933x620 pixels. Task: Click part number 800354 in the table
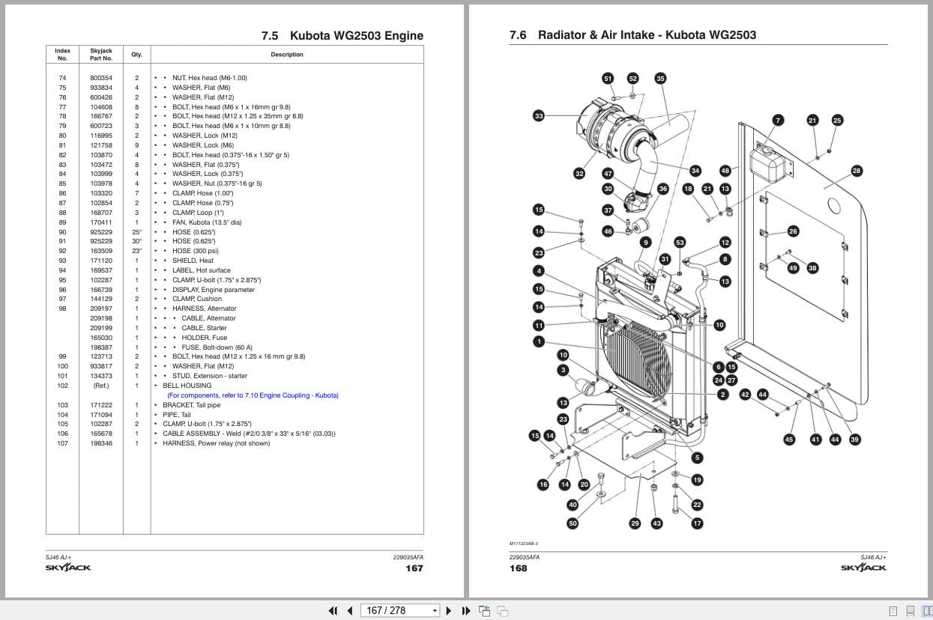click(101, 78)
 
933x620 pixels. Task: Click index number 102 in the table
click(62, 386)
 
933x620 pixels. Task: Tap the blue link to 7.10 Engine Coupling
click(253, 395)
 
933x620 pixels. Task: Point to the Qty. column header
click(136, 55)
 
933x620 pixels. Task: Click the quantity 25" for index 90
click(136, 232)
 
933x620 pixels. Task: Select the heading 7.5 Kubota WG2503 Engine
click(342, 35)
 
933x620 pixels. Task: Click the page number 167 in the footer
click(414, 568)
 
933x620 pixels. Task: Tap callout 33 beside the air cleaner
click(539, 115)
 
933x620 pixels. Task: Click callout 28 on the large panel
click(857, 171)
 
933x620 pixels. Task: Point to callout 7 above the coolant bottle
click(778, 120)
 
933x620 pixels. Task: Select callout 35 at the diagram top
click(660, 78)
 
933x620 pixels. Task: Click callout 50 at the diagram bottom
click(573, 523)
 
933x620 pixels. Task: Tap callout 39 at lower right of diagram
click(854, 440)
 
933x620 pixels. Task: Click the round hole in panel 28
click(833, 204)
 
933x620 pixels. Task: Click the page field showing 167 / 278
click(400, 610)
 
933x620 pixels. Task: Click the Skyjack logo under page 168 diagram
click(863, 568)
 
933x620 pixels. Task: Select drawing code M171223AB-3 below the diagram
click(524, 544)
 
